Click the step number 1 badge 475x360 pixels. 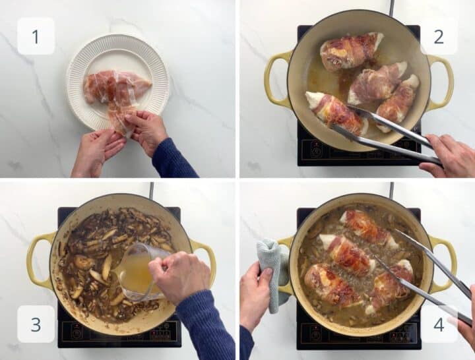[36, 36]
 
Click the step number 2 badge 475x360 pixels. [438, 36]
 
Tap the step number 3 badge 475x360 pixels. [36, 324]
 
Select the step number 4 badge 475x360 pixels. [438, 324]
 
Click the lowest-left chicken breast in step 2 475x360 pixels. [335, 112]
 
